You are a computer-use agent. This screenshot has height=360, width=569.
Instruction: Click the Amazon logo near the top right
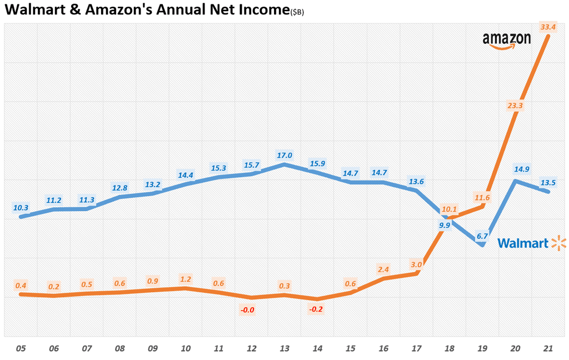[506, 41]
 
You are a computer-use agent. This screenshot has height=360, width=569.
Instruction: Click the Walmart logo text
[523, 243]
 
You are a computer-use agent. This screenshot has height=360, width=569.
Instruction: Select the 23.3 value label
[516, 105]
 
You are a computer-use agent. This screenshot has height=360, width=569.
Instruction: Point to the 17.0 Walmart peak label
[284, 155]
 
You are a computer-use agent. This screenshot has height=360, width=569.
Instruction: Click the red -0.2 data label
[316, 308]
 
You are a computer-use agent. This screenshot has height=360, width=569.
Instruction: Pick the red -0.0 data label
[247, 309]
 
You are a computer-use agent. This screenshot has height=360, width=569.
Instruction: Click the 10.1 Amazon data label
[449, 209]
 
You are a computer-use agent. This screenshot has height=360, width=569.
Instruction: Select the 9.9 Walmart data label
[445, 225]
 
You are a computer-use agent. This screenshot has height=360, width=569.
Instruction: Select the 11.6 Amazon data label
[482, 197]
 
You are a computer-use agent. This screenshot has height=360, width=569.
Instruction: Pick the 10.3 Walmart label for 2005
[21, 208]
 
